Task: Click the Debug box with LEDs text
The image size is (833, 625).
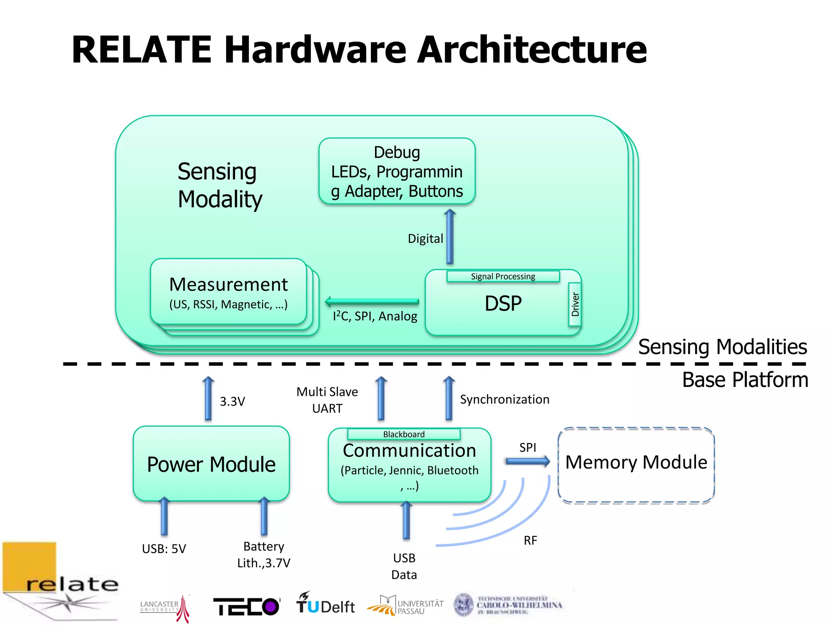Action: coord(397,171)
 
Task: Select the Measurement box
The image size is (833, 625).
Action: coord(228,292)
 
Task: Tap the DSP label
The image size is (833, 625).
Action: coord(503,304)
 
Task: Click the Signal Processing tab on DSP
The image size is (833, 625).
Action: coord(503,276)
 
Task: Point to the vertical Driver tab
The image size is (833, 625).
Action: coord(575,304)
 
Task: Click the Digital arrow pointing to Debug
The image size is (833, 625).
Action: coord(449,237)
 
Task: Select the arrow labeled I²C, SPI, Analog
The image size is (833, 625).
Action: coord(372,302)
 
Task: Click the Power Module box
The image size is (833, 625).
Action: coord(211,464)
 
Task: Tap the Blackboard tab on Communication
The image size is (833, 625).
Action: coord(403,434)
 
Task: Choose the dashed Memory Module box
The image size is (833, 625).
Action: coord(636,465)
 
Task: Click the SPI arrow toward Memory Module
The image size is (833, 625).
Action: coord(528,461)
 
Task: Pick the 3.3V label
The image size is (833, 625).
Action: coord(232,402)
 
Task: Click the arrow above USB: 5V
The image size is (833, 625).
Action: coord(164,516)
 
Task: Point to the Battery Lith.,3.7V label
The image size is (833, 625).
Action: coord(264,555)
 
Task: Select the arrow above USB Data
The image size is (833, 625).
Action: coord(406,521)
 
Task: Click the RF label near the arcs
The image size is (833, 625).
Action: coord(530,540)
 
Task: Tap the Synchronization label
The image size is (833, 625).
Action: coord(504,400)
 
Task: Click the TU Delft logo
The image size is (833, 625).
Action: coord(325,604)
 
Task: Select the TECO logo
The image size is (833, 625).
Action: coord(246,606)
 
